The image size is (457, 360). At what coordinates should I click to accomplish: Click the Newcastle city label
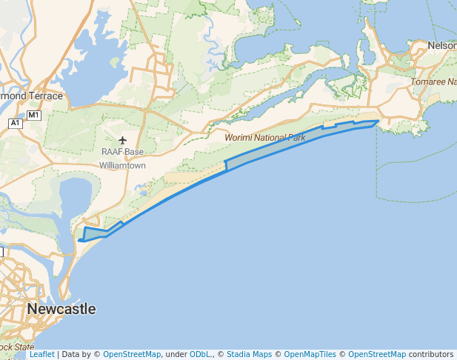coord(61,309)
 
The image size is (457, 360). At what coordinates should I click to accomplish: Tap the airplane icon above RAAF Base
coord(123,141)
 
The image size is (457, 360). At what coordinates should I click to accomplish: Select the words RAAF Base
coord(123,153)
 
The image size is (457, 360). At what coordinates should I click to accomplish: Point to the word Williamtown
coord(123,165)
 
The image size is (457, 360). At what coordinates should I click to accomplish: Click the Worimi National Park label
coord(265,138)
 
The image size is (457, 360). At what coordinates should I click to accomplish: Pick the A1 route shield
coord(16,123)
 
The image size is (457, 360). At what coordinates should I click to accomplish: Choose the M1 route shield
coord(33,116)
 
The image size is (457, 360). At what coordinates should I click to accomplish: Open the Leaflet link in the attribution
coord(41,355)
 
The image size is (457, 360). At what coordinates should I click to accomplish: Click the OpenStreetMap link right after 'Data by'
coord(131,355)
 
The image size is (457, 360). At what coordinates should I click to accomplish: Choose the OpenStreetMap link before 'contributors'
coord(377,355)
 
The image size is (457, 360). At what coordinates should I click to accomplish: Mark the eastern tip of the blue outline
coord(379,121)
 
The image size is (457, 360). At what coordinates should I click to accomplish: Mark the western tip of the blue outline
coord(78,241)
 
